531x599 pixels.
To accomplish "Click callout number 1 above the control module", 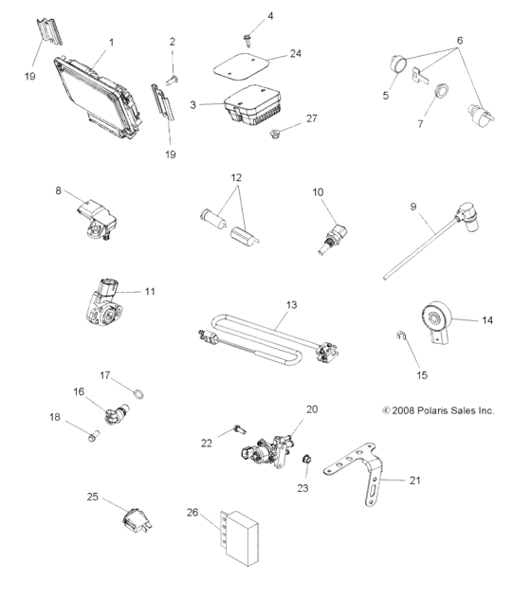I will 111,43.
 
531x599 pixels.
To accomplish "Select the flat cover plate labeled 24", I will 236,66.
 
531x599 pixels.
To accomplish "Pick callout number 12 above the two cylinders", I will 236,177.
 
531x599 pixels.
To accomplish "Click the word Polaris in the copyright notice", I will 437,410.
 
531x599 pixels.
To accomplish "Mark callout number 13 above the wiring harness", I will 291,306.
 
